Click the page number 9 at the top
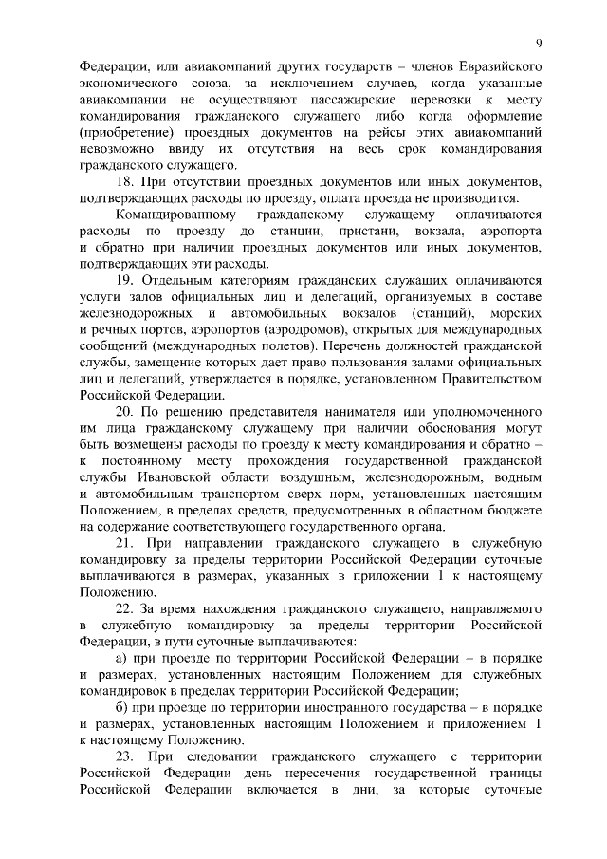click(538, 44)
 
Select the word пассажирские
click(356, 102)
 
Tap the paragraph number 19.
click(123, 280)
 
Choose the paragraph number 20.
click(124, 411)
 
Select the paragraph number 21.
click(124, 543)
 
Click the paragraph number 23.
click(124, 756)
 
